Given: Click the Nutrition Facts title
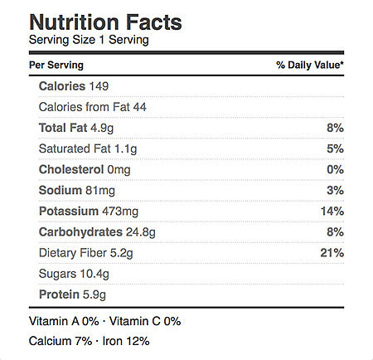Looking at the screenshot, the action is (105, 22).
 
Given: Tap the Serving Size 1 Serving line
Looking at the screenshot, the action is (89, 40).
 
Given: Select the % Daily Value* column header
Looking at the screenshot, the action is (310, 65).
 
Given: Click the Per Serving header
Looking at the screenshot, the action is (56, 66).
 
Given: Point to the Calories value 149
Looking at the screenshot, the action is (99, 86).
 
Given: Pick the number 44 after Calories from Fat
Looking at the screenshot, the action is (139, 107).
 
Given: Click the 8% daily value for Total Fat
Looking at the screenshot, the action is (335, 128).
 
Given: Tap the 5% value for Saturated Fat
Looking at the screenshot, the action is (335, 148).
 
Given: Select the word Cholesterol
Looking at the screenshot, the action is (71, 169).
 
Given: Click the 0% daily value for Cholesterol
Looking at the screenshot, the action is (335, 169).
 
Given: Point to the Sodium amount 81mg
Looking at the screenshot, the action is (100, 191).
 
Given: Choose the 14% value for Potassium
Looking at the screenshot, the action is (332, 212).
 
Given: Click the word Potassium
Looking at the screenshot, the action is (69, 212).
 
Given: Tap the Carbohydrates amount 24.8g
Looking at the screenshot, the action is (141, 232).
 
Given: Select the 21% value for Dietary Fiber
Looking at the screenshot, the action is (332, 253).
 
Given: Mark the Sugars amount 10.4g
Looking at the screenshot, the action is (94, 274).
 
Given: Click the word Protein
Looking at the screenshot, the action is (59, 294).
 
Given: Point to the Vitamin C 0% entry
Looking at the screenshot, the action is (145, 321).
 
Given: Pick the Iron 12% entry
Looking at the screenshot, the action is (126, 341).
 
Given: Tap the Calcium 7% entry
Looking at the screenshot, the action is (61, 341).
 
